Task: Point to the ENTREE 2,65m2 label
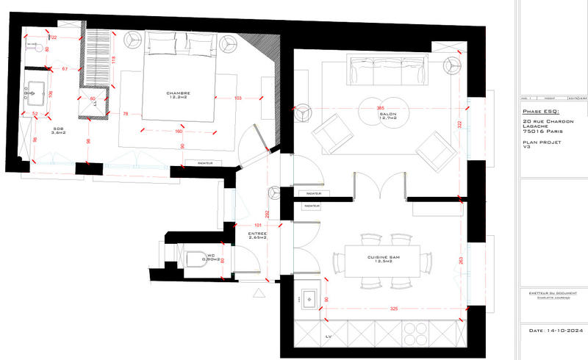click(257, 235)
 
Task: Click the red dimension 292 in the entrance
click(267, 215)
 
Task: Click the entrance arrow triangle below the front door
click(257, 292)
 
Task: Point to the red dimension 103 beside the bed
click(238, 98)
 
